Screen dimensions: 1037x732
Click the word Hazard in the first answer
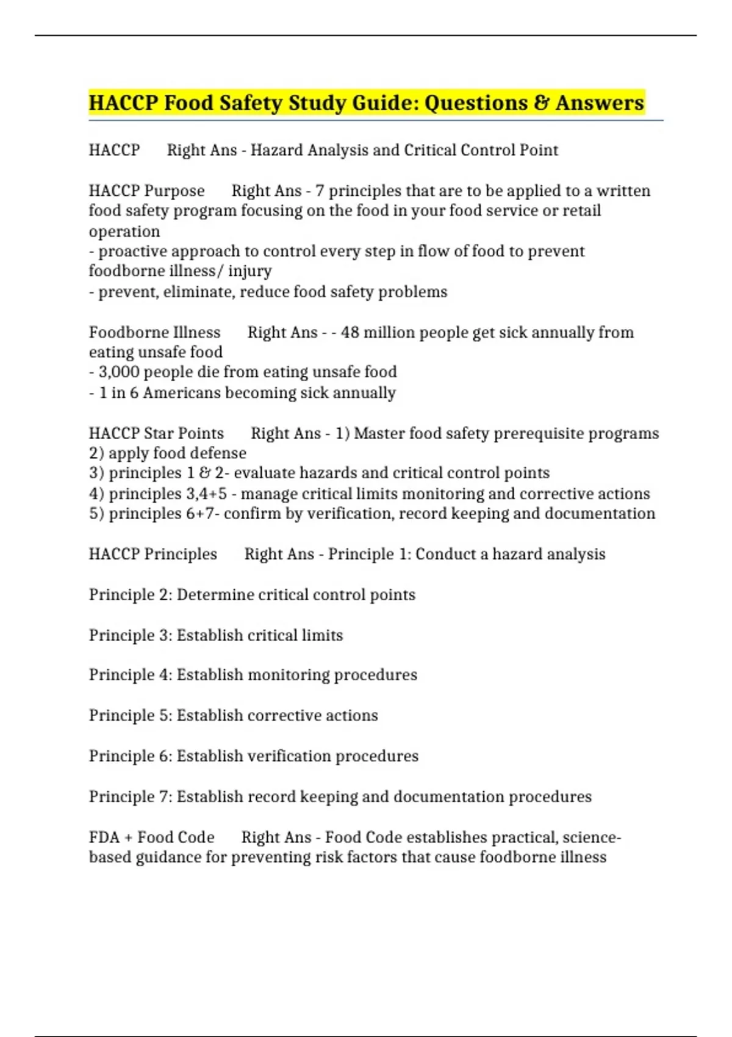(x=277, y=150)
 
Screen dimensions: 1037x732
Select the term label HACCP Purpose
(x=146, y=191)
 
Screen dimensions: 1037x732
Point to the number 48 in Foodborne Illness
(x=350, y=332)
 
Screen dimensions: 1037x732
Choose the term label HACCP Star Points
(x=156, y=434)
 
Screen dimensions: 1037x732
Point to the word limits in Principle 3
(x=322, y=636)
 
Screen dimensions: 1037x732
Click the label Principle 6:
(x=131, y=756)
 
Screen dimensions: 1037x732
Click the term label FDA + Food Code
(x=151, y=838)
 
